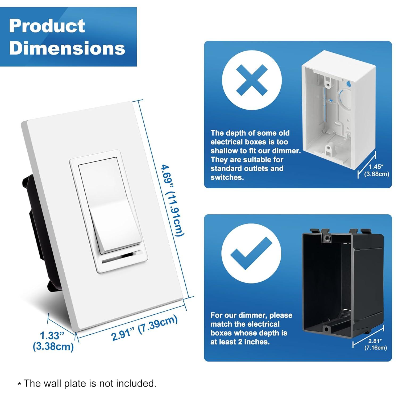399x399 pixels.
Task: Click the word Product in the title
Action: click(x=47, y=26)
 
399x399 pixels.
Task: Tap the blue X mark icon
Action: click(x=252, y=80)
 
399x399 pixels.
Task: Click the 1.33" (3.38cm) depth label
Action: click(x=53, y=341)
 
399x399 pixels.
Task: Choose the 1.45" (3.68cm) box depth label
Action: click(x=376, y=171)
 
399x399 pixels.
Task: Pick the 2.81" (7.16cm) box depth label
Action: click(x=375, y=344)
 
